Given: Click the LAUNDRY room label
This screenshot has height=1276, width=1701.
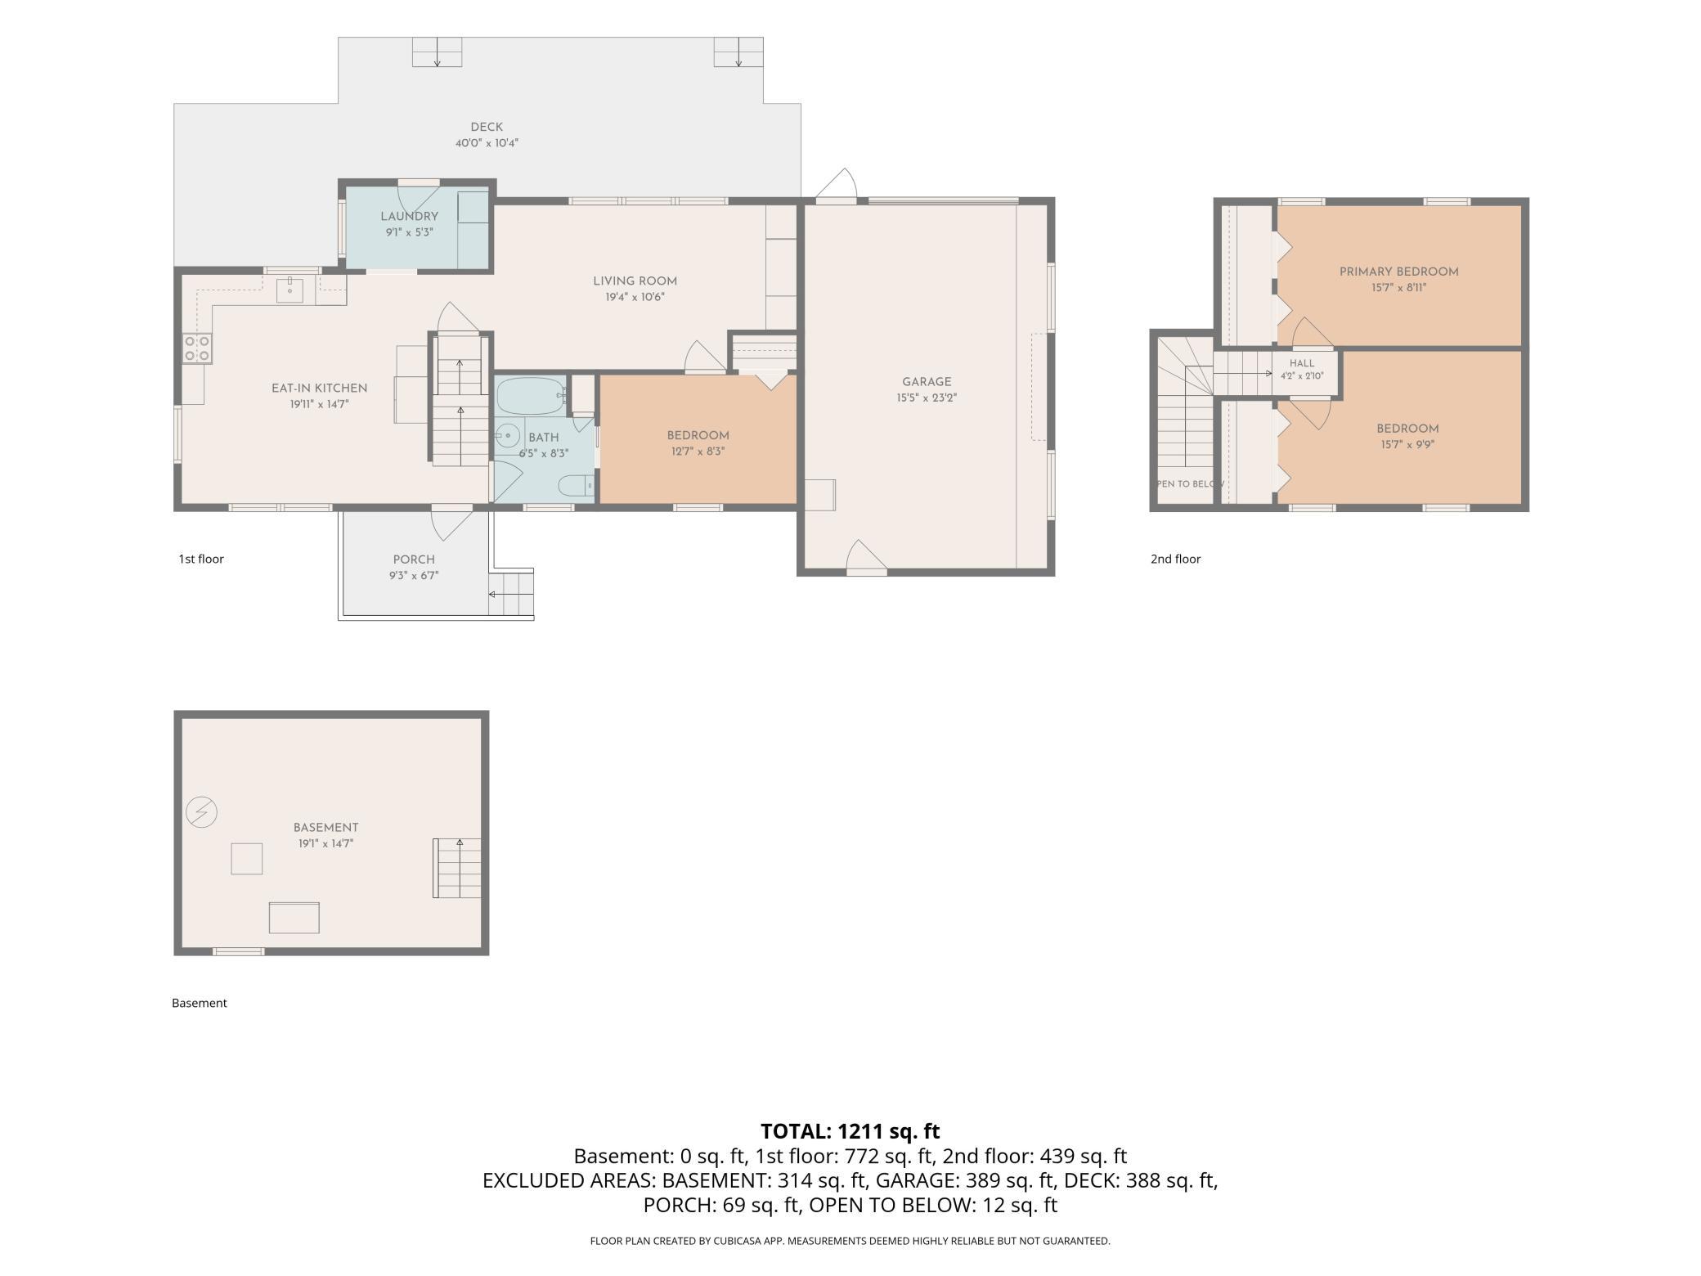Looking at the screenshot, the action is [409, 216].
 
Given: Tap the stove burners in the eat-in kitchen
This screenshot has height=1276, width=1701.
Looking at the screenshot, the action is [197, 348].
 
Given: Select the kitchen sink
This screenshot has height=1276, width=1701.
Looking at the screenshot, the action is [289, 290].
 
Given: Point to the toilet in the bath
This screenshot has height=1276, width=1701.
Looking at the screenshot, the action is [576, 486].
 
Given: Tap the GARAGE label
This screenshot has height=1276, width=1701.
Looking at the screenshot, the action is [927, 382].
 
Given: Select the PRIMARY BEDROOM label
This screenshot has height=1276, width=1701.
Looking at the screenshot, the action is [1398, 272].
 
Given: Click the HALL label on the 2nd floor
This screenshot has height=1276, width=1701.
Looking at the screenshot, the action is [1302, 363].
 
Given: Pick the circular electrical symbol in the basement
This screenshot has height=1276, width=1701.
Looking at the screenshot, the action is [201, 812].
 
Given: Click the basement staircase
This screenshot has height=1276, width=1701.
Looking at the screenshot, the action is [457, 868].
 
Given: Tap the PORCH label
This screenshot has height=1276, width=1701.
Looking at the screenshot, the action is [414, 559].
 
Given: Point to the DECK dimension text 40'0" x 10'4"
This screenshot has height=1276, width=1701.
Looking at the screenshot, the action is [487, 143].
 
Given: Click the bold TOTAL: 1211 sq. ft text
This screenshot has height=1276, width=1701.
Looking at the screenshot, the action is [850, 1131].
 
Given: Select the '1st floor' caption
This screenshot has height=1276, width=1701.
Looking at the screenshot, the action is [201, 559].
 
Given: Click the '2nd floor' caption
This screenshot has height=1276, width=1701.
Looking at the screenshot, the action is [1175, 559].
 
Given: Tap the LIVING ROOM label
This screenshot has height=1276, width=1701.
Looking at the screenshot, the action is [635, 281].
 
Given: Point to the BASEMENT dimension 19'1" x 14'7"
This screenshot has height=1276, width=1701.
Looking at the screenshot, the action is [325, 843].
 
